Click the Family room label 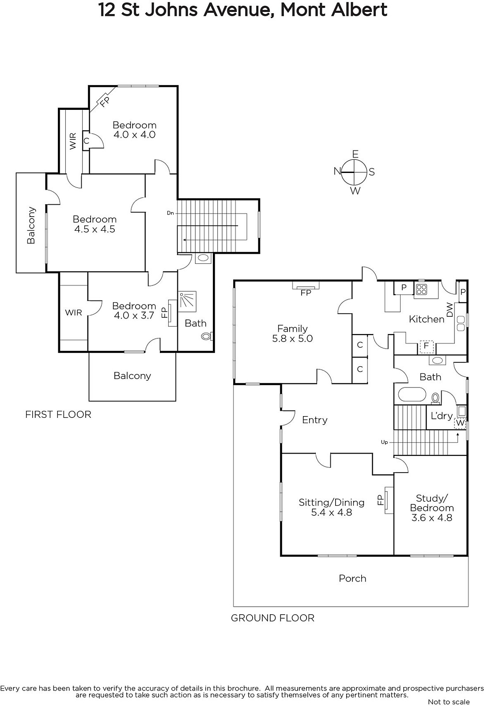click(292, 329)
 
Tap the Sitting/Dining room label click(331, 502)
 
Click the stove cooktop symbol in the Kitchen click(421, 289)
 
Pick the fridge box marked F click(426, 346)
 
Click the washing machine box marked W click(460, 423)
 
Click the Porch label click(352, 578)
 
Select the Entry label click(314, 420)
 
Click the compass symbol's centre click(355, 172)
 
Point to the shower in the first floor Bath click(188, 302)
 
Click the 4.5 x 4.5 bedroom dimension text click(95, 229)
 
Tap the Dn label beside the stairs click(170, 213)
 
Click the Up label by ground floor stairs click(384, 442)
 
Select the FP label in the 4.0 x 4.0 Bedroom click(104, 101)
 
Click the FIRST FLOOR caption click(58, 414)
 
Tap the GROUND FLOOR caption click(272, 618)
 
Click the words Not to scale click(449, 702)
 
